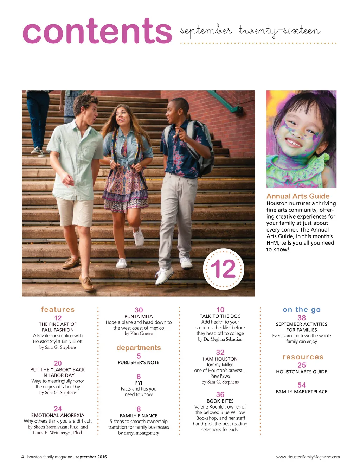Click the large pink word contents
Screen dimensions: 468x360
pos(97,32)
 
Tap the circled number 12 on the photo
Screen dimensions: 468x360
pos(223,269)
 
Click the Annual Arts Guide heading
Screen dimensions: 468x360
pos(298,196)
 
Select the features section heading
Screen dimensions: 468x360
pos(58,310)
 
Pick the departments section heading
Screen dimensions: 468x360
pos(139,348)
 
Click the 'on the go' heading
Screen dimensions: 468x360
pos(302,310)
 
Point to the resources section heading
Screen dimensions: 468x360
pos(303,357)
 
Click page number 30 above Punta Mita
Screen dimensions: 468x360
pos(139,310)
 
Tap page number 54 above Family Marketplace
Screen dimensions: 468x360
pos(302,385)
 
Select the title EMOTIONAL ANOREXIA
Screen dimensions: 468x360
pos(58,415)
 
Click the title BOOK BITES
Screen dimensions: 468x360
pos(220,401)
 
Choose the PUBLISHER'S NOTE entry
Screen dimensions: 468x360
pos(139,362)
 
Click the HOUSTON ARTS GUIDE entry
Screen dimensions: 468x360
pos(302,372)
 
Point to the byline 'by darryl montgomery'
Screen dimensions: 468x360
pos(139,433)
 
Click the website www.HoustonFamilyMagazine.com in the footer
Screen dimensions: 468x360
pos(308,457)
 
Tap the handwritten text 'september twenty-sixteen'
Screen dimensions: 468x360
pos(250,31)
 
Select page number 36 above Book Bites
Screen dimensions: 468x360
pos(220,394)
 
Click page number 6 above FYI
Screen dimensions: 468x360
pos(139,377)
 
